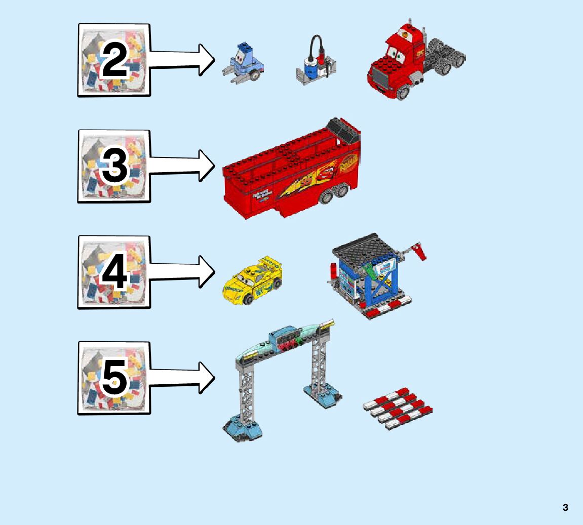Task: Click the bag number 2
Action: [114, 60]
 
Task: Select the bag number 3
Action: [114, 166]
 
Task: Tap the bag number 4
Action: [114, 272]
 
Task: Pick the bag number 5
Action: [114, 378]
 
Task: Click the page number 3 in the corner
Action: [565, 507]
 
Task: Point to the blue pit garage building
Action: [372, 276]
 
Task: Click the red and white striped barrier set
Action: [398, 408]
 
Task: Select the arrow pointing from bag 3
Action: [182, 165]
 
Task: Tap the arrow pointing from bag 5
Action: [182, 377]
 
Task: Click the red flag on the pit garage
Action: [419, 250]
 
